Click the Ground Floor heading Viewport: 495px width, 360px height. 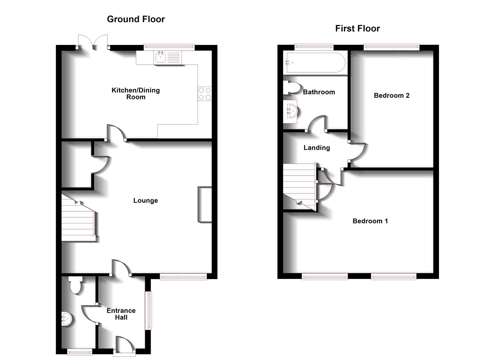tap(136, 19)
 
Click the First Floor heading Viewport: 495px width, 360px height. tap(357, 29)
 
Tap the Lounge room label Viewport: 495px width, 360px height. tap(145, 201)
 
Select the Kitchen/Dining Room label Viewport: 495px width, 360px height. tap(136, 94)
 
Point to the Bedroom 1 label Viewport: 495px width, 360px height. tap(370, 221)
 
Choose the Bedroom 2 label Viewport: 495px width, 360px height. tap(391, 96)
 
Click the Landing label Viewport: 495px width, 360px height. tap(317, 148)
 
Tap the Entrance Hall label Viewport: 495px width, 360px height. tap(121, 314)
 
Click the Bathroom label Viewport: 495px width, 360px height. tap(319, 92)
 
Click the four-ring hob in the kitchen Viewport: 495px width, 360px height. tap(204, 94)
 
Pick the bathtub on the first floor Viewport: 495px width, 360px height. tap(313, 63)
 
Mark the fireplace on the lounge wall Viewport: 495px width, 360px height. tap(205, 204)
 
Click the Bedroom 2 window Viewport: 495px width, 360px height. tap(391, 47)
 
